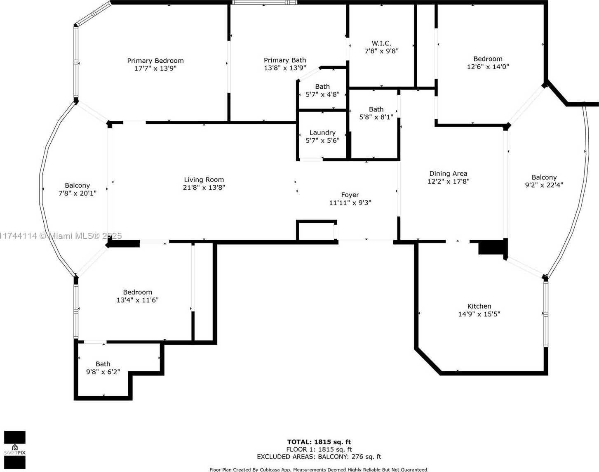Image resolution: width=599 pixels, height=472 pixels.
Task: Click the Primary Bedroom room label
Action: coord(155,61)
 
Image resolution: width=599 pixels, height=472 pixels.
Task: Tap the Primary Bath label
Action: coord(285,60)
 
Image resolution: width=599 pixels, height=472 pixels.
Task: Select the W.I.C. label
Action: coord(381,43)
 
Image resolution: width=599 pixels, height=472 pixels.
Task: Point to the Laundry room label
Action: coord(322,132)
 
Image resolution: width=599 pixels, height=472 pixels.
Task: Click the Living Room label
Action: coord(204,180)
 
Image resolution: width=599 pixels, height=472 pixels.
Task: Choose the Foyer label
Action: coord(350,195)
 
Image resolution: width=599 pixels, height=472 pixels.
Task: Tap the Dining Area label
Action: coord(448,174)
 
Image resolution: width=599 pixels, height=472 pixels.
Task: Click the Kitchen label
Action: coord(479,306)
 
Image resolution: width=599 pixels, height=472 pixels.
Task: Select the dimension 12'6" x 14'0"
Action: coord(488,66)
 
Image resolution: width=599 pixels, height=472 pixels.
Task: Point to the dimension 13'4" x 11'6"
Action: coord(138,300)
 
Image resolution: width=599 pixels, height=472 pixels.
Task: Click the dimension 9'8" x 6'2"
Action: coord(103,372)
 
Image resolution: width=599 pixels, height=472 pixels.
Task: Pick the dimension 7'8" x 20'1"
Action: coord(78,193)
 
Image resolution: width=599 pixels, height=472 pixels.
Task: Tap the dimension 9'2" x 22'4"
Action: coord(544,185)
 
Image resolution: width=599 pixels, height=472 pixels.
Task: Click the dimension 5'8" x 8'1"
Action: coord(376,117)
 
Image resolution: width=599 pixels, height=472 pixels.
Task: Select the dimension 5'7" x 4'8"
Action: coord(322,94)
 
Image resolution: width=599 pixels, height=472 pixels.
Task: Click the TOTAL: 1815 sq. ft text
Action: coord(319,442)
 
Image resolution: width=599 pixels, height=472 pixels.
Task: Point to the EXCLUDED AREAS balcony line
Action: coord(319,457)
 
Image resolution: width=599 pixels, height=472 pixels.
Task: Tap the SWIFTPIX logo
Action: coord(15,450)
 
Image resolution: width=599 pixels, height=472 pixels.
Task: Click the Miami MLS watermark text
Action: coord(61,236)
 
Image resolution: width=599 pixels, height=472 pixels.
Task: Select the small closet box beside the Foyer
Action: coord(317,230)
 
